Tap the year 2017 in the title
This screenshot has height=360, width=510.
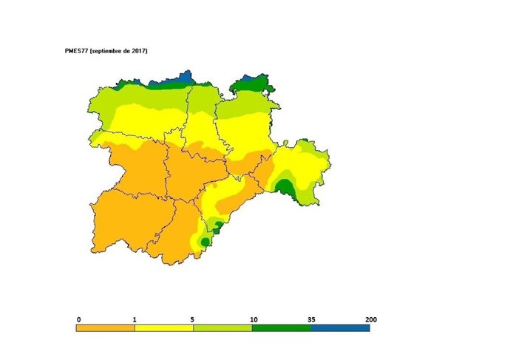[138, 50]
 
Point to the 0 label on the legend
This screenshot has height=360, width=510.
[78, 319]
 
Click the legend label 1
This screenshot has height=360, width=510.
[135, 319]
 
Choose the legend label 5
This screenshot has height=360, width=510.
[193, 319]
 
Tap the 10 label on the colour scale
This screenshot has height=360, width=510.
[253, 319]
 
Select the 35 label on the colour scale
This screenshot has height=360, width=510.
[311, 319]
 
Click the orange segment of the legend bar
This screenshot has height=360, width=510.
[105, 327]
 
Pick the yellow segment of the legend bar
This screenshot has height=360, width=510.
[163, 327]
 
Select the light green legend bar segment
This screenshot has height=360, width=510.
[222, 327]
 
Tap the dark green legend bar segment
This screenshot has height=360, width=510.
[281, 327]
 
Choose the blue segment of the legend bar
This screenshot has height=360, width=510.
[340, 327]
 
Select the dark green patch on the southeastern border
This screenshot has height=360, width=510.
[288, 189]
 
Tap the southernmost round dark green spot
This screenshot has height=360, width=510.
[204, 242]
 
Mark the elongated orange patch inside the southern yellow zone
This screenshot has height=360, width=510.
[233, 203]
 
